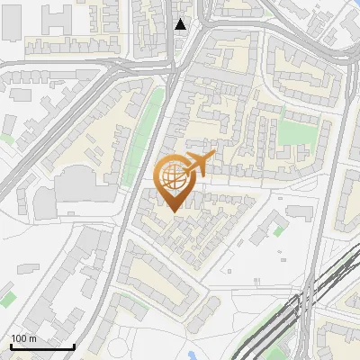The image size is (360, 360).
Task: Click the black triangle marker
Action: tap(182, 24)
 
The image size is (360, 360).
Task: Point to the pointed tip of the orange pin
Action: tap(175, 212)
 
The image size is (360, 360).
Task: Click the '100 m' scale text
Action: tap(23, 338)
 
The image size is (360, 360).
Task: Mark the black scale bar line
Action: tap(42, 346)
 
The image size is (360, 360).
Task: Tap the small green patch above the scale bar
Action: tap(7, 296)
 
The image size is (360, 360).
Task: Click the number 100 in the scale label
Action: tap(19, 338)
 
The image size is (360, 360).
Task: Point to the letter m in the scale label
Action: tap(32, 339)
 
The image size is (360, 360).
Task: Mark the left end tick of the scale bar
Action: tap(11, 346)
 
